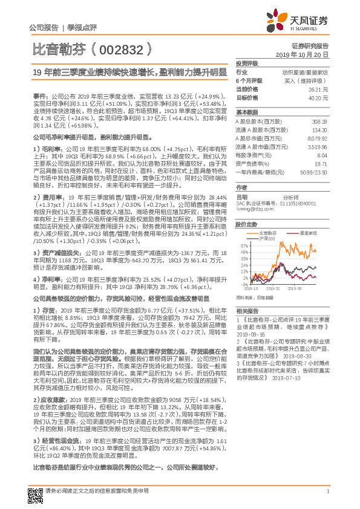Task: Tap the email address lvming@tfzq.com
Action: coord(250,209)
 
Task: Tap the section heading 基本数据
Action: coord(247,112)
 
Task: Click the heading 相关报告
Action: coord(247,310)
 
